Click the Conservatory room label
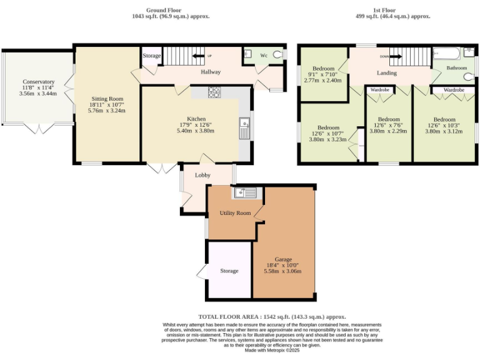pos(38,82)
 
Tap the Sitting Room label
pos(107,99)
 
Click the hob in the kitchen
pos(214,92)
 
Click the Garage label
pos(283,259)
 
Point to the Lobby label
pos(202,176)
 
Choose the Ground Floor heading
pos(163,10)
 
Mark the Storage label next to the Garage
pos(229,271)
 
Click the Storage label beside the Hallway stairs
pos(152,56)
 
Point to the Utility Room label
pos(235,213)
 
